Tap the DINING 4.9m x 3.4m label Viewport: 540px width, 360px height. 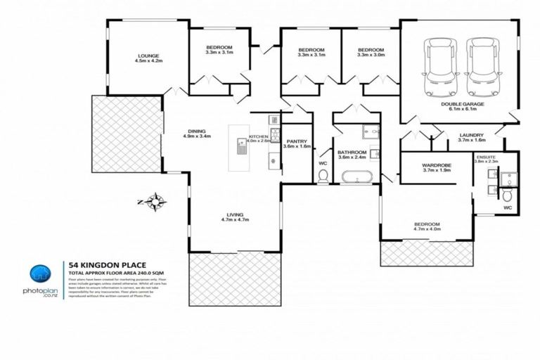click(x=196, y=133)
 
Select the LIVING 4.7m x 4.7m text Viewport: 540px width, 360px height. click(x=234, y=218)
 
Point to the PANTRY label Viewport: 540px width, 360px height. click(x=296, y=143)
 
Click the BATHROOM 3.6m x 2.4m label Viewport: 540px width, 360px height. click(x=351, y=155)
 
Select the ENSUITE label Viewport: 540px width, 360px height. click(x=486, y=159)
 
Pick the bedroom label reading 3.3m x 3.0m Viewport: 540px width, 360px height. click(x=371, y=53)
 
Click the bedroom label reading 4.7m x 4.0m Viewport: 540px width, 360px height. click(x=426, y=226)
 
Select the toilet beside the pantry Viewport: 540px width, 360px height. click(x=323, y=176)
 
